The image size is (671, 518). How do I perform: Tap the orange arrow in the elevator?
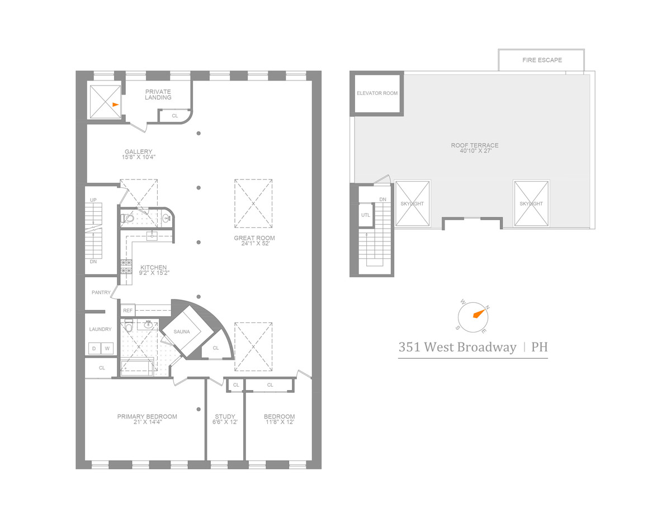tap(115, 104)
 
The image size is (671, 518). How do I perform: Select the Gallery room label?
tap(139, 151)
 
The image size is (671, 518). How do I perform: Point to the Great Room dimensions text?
tap(254, 244)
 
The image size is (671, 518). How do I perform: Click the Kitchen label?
tap(154, 267)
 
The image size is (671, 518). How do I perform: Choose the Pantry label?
tap(101, 292)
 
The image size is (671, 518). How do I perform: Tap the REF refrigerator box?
tap(127, 310)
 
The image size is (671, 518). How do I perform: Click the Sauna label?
tap(181, 331)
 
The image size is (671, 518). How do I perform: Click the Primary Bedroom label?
tap(147, 416)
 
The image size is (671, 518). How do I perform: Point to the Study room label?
tap(225, 416)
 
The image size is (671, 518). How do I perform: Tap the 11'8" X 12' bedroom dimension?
tap(279, 422)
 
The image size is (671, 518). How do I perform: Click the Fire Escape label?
tap(542, 60)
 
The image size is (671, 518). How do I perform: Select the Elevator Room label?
tap(377, 93)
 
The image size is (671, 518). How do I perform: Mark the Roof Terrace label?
tap(475, 145)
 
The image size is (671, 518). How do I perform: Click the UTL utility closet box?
tap(366, 215)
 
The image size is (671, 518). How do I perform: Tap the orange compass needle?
tap(478, 313)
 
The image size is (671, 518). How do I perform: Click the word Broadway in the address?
tap(486, 347)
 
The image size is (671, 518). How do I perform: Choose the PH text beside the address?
tap(539, 347)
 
